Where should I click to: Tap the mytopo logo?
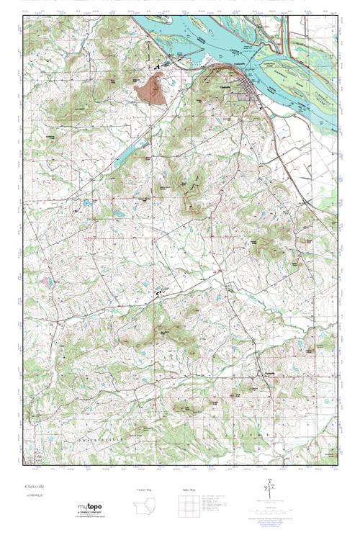click(94, 508)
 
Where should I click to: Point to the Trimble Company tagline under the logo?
click(94, 514)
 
